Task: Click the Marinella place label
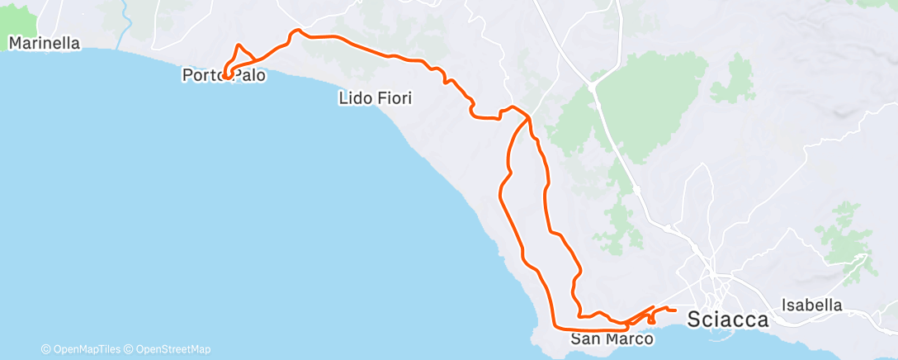[x=45, y=43]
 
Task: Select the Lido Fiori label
[x=376, y=98]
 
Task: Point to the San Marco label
[x=612, y=339]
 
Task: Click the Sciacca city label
[x=728, y=320]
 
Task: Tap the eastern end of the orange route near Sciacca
[x=676, y=310]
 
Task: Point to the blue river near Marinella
[x=124, y=25]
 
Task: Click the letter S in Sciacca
[x=695, y=320]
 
